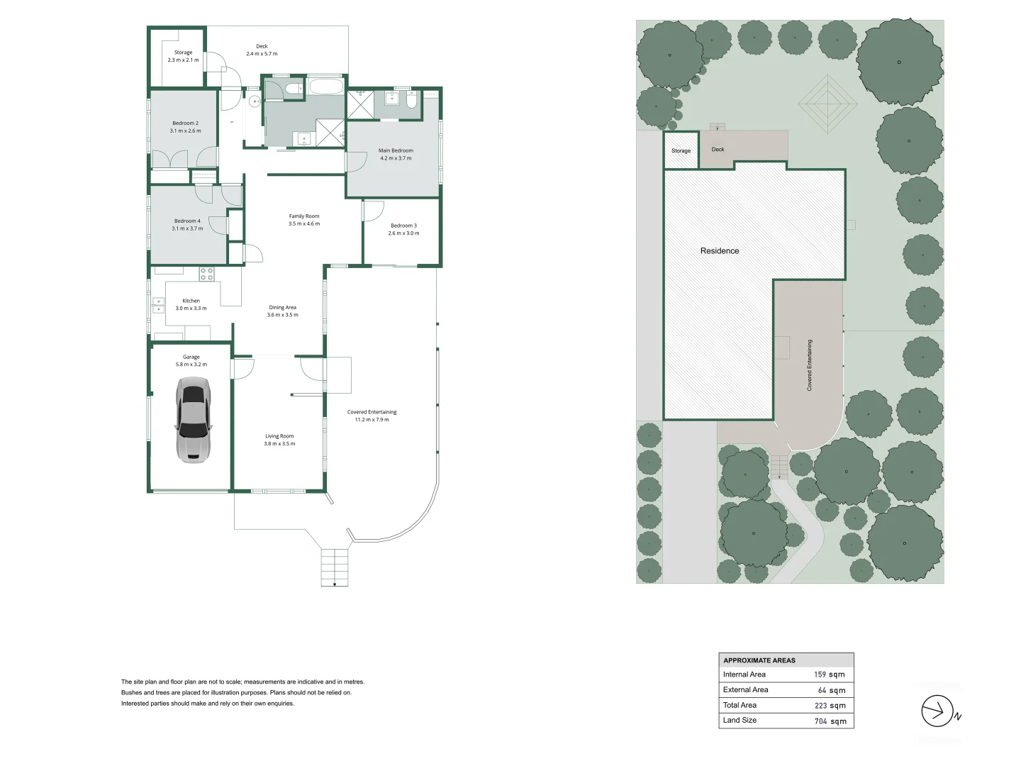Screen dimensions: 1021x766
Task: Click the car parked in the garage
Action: (193, 420)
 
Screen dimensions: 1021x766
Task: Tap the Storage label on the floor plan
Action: (183, 52)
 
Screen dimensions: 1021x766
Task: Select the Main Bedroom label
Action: (396, 150)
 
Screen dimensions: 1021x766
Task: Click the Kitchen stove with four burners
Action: (206, 274)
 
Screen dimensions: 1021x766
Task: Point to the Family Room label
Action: (304, 216)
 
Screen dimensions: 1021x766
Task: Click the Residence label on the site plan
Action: (720, 251)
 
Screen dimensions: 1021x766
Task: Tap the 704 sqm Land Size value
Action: (830, 721)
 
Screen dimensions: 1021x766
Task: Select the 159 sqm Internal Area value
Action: (830, 675)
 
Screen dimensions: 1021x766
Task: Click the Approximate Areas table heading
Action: (759, 660)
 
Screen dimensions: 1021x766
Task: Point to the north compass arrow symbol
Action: (937, 711)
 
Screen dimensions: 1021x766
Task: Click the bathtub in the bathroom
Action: (326, 87)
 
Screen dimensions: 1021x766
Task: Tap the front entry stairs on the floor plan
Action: (335, 567)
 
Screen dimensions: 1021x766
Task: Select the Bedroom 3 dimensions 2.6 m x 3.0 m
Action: (403, 233)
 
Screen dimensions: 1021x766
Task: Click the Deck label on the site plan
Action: (718, 149)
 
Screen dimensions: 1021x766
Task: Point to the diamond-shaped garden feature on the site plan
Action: (827, 104)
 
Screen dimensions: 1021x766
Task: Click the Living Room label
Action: (279, 435)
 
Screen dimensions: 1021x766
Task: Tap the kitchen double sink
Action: (158, 305)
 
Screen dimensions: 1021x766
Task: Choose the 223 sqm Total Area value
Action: (830, 706)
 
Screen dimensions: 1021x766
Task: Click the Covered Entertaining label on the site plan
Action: (810, 365)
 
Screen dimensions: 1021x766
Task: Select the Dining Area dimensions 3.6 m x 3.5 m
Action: (283, 315)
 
